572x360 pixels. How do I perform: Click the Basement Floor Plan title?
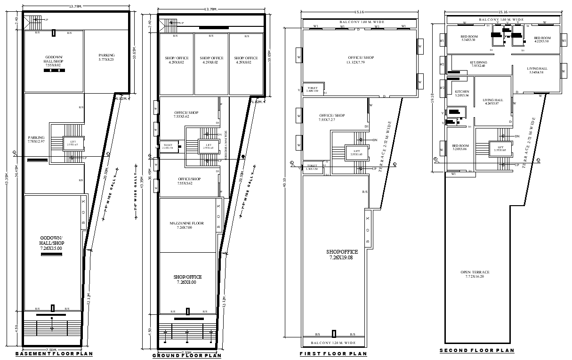(54, 353)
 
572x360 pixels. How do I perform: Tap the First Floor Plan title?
(333, 353)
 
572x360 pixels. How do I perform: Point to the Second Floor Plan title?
(477, 351)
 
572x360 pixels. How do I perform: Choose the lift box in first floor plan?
(356, 152)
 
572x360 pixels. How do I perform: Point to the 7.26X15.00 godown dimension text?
(51, 248)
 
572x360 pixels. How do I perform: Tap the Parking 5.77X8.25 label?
(106, 57)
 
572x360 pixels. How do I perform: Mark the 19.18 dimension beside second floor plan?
(432, 97)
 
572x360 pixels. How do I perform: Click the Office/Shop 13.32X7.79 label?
(361, 60)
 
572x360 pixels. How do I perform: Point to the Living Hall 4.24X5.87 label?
(492, 102)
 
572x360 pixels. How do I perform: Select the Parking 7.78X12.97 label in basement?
(36, 139)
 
